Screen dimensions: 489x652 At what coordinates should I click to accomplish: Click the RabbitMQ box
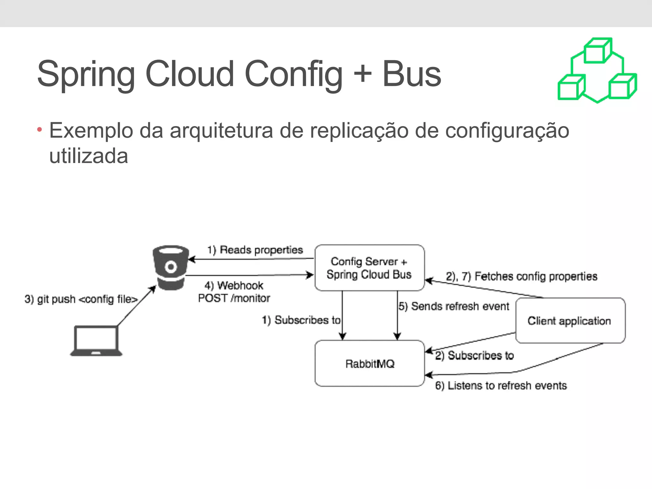click(370, 363)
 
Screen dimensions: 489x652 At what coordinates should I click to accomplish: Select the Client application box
click(570, 321)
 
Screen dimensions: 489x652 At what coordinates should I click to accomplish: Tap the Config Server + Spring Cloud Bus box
click(369, 268)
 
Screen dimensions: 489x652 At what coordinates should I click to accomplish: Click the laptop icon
click(96, 341)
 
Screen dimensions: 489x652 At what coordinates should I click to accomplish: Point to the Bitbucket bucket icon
click(171, 267)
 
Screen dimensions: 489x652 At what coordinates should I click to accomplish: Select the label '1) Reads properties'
click(255, 250)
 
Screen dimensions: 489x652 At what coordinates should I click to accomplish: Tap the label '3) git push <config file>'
click(81, 299)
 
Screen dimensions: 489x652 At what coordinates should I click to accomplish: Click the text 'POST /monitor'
click(234, 298)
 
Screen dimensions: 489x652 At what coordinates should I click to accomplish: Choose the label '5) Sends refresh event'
click(454, 306)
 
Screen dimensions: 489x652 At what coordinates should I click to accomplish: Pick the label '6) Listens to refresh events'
click(501, 386)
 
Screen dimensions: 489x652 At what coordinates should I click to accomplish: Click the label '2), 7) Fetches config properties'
click(521, 276)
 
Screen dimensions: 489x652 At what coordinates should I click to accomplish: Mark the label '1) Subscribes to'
click(301, 320)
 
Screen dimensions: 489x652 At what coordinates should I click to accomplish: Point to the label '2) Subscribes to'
click(474, 355)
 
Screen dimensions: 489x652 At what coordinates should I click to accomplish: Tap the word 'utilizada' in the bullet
click(89, 156)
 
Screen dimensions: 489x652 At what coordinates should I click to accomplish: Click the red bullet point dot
click(39, 130)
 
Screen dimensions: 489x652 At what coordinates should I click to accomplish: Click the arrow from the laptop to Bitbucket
click(136, 306)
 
